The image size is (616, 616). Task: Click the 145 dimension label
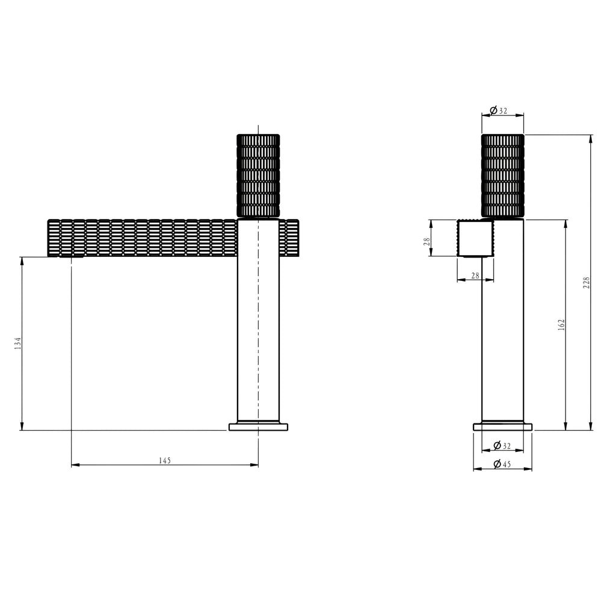[165, 460]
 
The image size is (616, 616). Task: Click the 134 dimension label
[17, 343]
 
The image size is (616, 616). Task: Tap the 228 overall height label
[586, 283]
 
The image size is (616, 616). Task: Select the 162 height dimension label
[561, 324]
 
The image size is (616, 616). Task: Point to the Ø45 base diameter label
[502, 464]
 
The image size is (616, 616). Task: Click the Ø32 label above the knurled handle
[499, 111]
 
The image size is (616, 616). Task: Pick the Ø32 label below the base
[502, 446]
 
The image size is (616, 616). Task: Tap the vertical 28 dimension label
[427, 241]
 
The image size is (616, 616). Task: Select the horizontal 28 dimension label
[475, 276]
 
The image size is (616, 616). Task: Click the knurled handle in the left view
[258, 176]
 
